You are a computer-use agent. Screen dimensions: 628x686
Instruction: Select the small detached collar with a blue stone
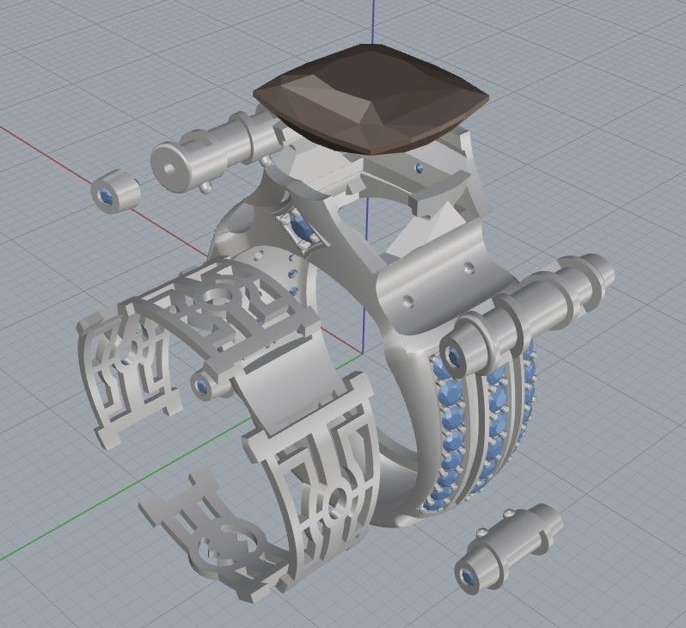[x=115, y=192]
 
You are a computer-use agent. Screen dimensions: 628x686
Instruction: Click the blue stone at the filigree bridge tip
[x=203, y=388]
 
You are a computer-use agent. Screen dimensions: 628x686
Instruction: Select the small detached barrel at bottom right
[x=506, y=545]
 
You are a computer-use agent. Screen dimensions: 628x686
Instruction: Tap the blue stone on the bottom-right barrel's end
[x=469, y=576]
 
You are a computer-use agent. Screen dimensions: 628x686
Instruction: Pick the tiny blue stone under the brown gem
[x=419, y=167]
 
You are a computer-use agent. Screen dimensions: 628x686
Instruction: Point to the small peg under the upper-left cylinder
[x=206, y=187]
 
